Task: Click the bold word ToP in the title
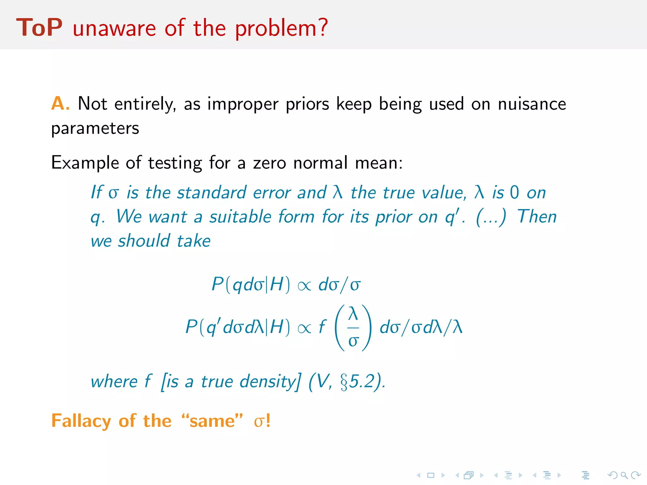point(39,28)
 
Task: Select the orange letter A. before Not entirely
point(60,104)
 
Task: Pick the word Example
point(85,163)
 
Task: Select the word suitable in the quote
point(240,217)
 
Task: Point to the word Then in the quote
point(537,217)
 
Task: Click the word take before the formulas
point(193,241)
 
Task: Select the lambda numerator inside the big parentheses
point(353,314)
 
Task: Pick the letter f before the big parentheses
point(322,326)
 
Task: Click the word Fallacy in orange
point(81,421)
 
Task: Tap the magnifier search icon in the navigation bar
point(624,475)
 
